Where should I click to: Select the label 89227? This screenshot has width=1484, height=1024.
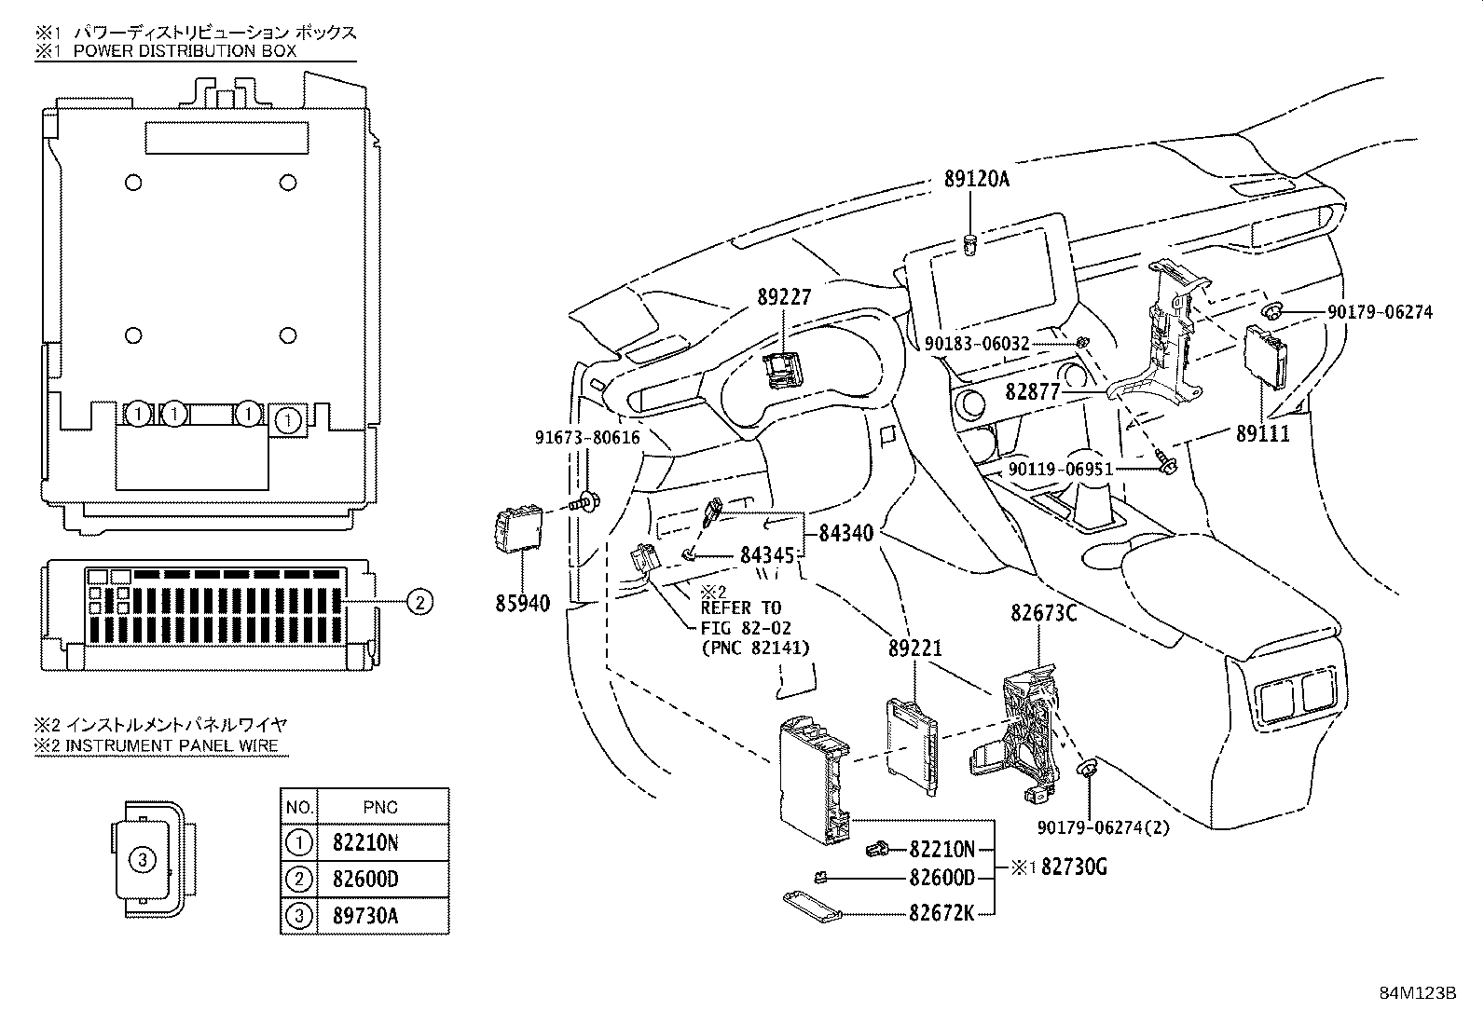784,297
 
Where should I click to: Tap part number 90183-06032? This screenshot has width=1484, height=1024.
977,344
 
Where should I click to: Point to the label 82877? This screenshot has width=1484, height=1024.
1032,392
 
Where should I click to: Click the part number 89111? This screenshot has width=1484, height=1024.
1263,433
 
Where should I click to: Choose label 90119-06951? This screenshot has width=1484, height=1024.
1060,469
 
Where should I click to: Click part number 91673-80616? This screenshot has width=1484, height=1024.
587,437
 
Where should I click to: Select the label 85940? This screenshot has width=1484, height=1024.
522,604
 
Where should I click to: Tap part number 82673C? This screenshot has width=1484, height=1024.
1044,613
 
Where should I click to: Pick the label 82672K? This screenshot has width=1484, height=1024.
941,913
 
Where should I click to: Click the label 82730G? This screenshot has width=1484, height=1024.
1074,867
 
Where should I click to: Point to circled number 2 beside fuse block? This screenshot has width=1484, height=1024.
419,602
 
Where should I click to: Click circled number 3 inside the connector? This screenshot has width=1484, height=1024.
142,860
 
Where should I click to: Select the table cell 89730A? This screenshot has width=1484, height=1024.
365,916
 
